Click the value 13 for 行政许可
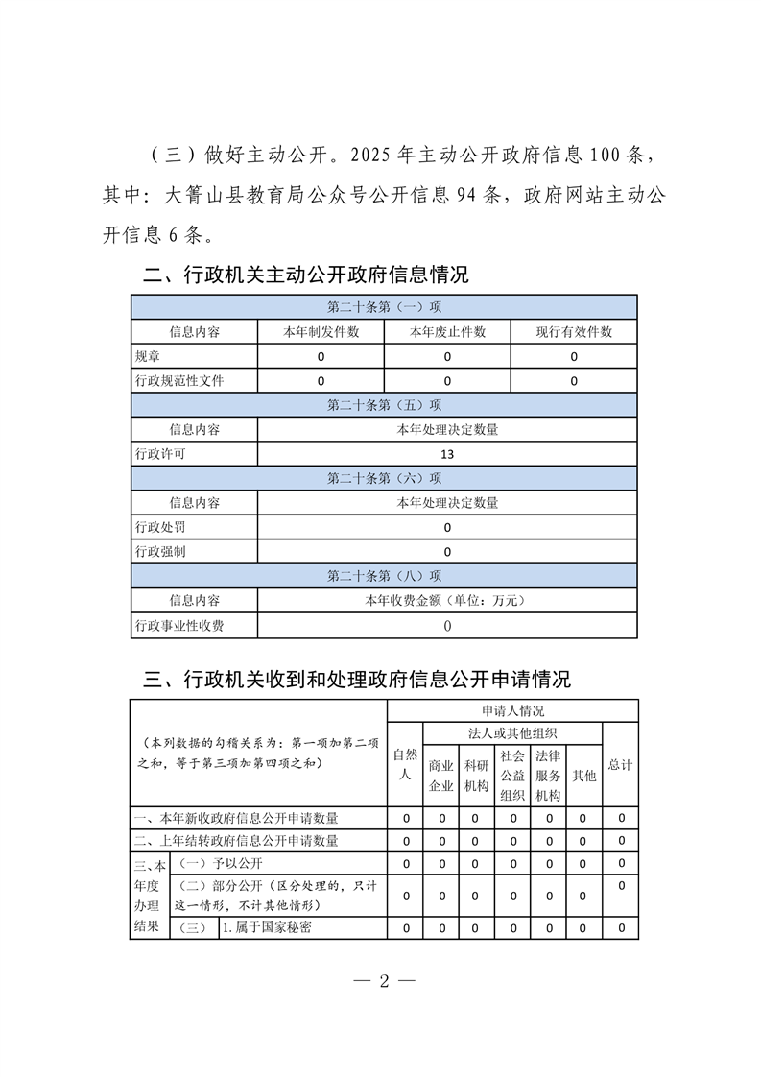point(447,454)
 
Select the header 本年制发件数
point(321,332)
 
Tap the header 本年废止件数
point(447,332)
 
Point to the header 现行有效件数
point(574,332)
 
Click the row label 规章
point(148,356)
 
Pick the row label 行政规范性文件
point(179,381)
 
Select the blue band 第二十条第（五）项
point(384,404)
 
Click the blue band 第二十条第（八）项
point(384,576)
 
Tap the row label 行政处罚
point(160,527)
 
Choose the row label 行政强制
point(160,552)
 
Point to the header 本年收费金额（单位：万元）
point(447,601)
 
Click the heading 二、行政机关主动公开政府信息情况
point(306,275)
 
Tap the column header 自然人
point(406,764)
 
